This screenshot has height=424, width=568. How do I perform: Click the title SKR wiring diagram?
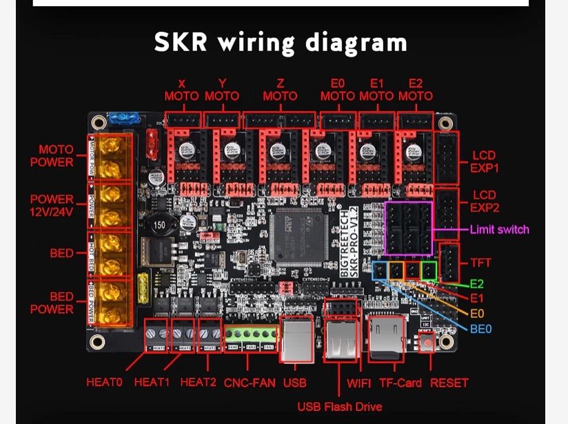[x=281, y=43]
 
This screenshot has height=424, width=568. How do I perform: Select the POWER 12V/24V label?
[x=52, y=205]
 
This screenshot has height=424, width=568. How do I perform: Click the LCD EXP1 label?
[x=485, y=162]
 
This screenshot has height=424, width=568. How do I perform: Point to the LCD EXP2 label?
[x=485, y=201]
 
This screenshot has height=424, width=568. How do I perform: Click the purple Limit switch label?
[x=500, y=229]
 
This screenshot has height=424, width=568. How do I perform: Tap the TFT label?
[x=480, y=262]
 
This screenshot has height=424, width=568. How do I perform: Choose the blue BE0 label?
[x=480, y=329]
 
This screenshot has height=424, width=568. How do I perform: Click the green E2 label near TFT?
[x=477, y=284]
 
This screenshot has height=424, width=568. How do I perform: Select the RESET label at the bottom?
[x=449, y=383]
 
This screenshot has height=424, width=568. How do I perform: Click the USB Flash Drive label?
[x=339, y=406]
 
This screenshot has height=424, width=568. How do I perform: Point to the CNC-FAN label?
[x=250, y=383]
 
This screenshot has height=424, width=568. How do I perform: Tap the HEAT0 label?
[x=104, y=382]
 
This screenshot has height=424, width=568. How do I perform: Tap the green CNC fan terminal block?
[x=250, y=336]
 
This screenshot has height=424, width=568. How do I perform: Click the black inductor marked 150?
[x=159, y=225]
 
